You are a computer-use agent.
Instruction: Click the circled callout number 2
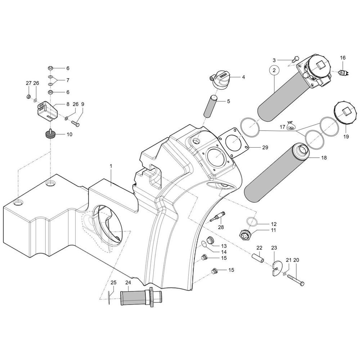tap(274, 70)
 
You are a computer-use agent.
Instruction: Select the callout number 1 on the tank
tap(111, 166)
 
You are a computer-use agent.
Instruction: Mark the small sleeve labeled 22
tap(258, 258)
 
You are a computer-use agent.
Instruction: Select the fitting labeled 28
tap(217, 217)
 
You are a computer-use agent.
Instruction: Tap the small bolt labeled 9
tap(76, 123)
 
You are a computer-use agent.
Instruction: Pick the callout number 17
tap(283, 127)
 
